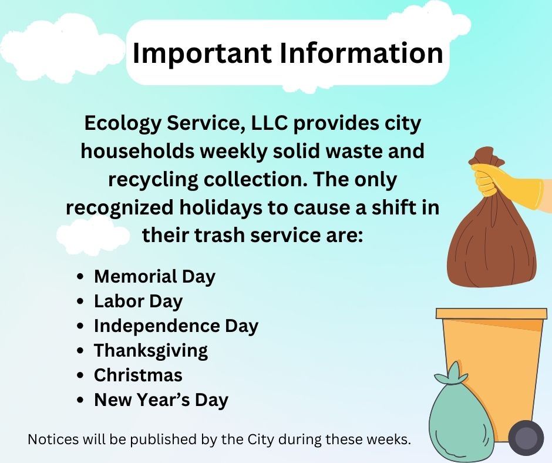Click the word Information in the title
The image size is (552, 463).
[360, 53]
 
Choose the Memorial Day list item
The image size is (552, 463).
[154, 276]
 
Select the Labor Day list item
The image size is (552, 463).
[138, 301]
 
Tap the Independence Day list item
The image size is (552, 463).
[176, 326]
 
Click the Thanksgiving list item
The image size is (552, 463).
[150, 350]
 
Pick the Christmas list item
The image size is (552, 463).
[138, 375]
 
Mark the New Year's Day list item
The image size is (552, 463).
[161, 400]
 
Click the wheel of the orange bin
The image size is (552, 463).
[526, 438]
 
